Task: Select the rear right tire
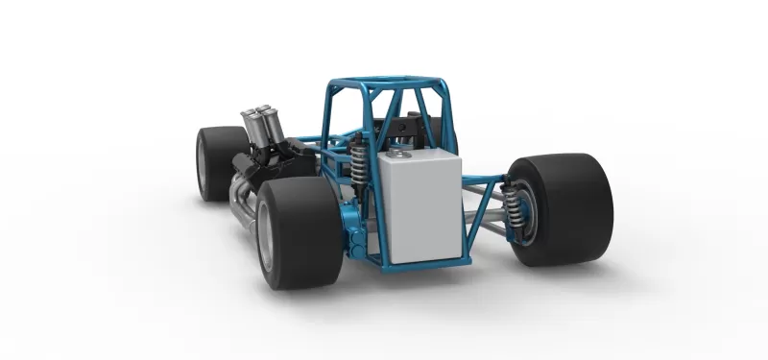[x=566, y=210]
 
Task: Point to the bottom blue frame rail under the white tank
[x=422, y=262]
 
